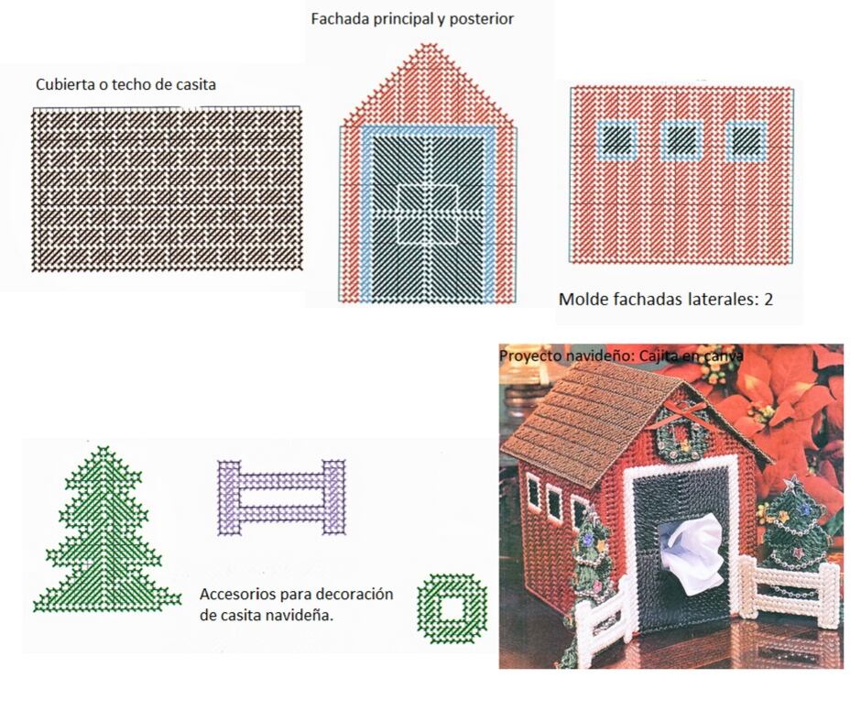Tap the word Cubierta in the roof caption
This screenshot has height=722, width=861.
point(60,84)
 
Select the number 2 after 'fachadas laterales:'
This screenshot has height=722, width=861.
point(768,299)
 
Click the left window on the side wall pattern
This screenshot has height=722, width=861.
point(616,139)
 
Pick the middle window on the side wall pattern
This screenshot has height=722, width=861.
point(682,139)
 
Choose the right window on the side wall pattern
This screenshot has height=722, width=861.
point(747,139)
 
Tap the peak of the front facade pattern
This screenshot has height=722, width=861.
point(429,45)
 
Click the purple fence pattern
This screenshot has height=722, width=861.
point(282,498)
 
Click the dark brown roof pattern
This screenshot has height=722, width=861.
point(167,189)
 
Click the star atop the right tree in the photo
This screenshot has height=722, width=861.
point(792,484)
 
